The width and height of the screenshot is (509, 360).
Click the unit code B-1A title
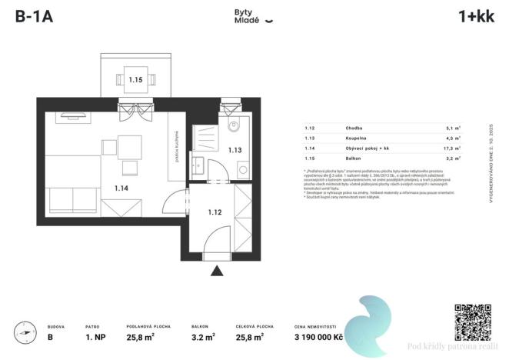pyautogui.click(x=33, y=17)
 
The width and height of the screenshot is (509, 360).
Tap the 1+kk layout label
pyautogui.click(x=475, y=17)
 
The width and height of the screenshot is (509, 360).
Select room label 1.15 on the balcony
pyautogui.click(x=135, y=79)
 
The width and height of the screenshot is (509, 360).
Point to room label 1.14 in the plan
pyautogui.click(x=121, y=187)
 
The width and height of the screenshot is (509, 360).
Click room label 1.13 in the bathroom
pyautogui.click(x=235, y=151)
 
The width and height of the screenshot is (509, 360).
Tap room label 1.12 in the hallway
pyautogui.click(x=215, y=212)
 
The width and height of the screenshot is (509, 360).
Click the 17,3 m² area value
pyautogui.click(x=451, y=148)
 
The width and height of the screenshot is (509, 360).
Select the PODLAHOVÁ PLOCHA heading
pyautogui.click(x=148, y=325)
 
